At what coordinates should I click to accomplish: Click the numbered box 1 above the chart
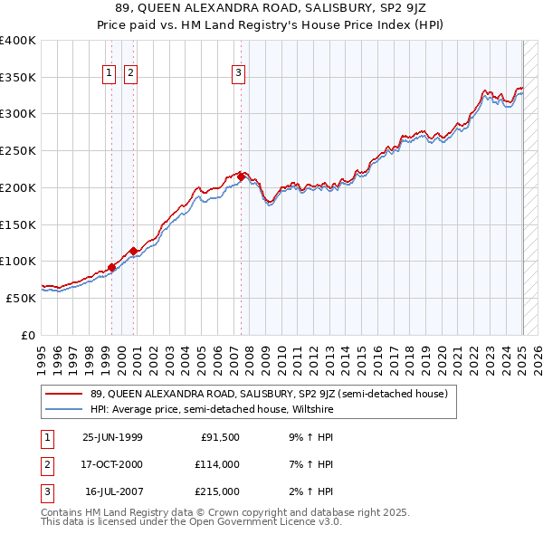pos(109,74)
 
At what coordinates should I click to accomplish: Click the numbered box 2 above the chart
pos(130,74)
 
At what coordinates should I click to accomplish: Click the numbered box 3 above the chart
pos(238,74)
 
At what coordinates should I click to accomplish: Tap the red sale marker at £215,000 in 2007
pos(242,175)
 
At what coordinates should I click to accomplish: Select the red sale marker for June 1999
pos(112,267)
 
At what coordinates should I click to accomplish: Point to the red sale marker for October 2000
pos(133,250)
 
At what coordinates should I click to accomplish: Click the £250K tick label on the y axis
pos(18,151)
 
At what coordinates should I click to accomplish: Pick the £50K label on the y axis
pos(22,298)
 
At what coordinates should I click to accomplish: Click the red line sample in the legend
pos(64,394)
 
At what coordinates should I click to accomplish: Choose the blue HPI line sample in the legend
pos(64,408)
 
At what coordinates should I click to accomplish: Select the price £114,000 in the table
pos(218,464)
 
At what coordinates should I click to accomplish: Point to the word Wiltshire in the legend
pos(311,408)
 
